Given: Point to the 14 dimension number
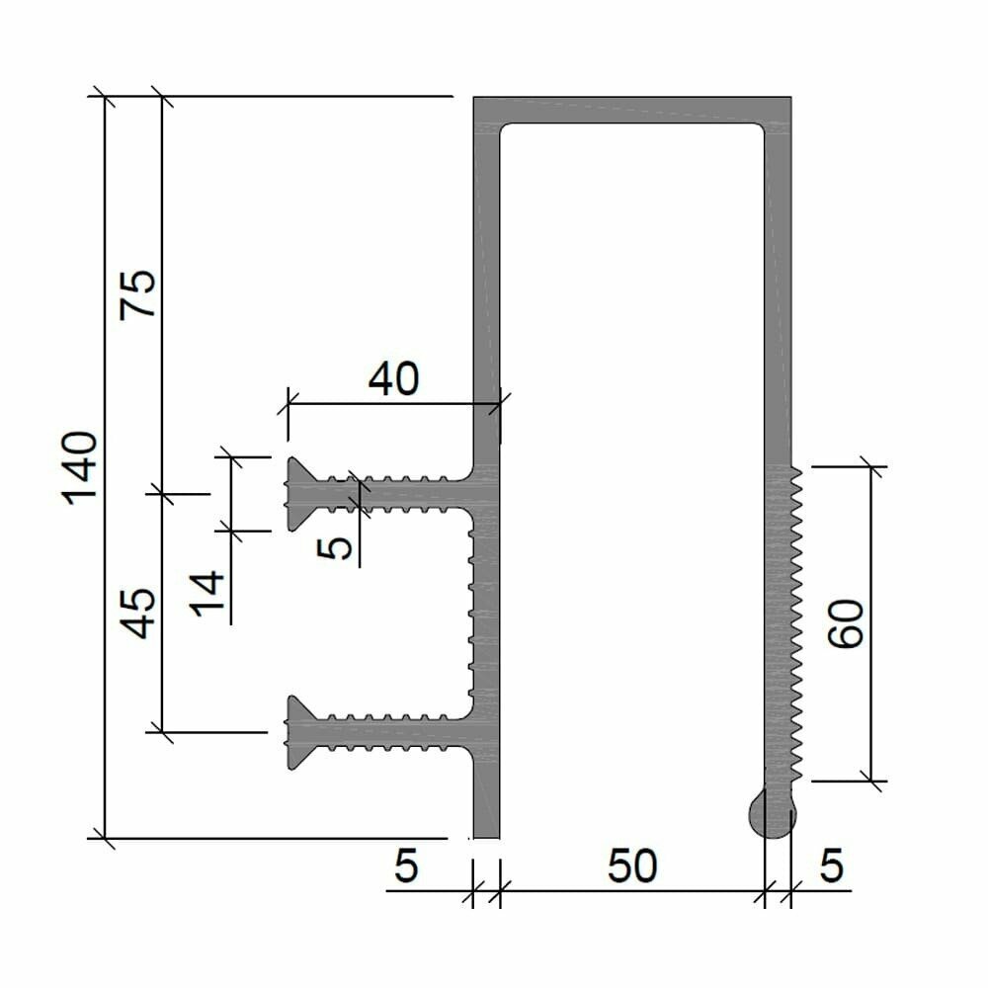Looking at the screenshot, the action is (208, 593).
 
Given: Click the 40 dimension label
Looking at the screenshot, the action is (393, 378).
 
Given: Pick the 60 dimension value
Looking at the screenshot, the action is (848, 623).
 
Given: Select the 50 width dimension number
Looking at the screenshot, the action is (631, 866).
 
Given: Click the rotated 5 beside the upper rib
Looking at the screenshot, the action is (339, 546).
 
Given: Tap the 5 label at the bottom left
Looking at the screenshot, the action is (406, 866).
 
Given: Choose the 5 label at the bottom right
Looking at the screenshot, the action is (831, 866).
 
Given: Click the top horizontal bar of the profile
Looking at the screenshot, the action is (632, 110).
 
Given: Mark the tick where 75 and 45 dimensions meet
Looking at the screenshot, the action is (161, 492).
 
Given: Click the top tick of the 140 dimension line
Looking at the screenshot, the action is (104, 97).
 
